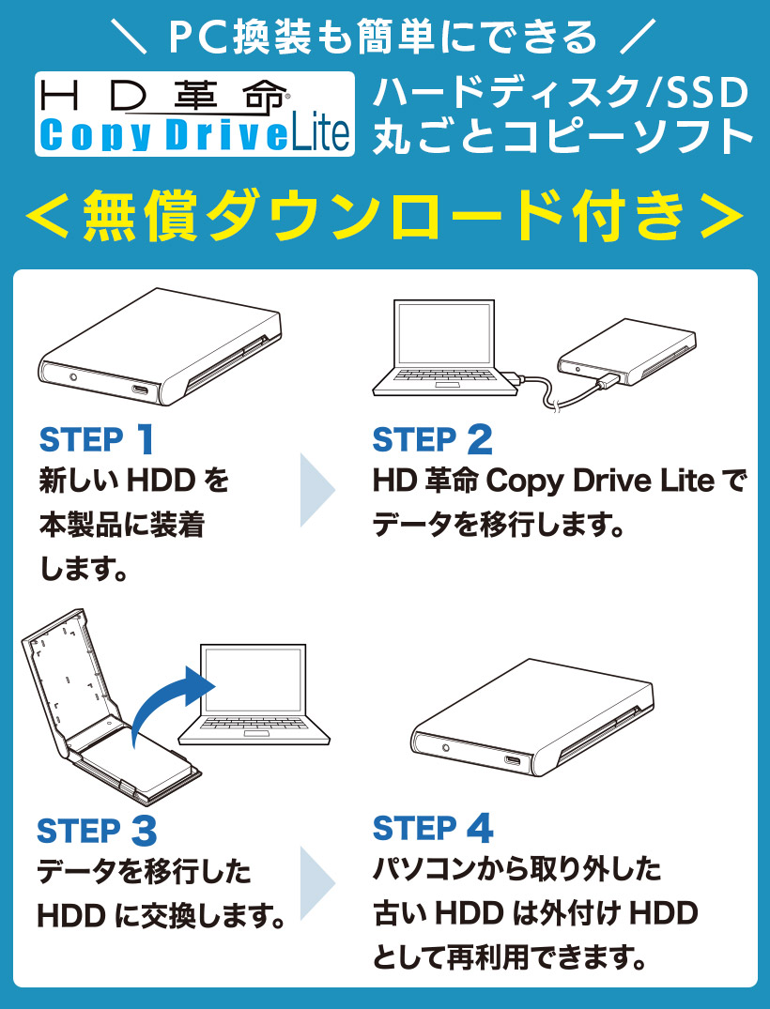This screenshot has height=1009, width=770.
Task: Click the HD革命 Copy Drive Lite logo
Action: click(194, 114)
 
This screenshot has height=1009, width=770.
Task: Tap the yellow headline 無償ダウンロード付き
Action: click(385, 217)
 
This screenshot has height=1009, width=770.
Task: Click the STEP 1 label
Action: click(97, 439)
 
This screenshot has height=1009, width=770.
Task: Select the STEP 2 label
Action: click(432, 440)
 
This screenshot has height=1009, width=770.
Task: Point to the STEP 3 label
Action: click(97, 831)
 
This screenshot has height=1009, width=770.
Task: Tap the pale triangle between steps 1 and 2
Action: click(316, 490)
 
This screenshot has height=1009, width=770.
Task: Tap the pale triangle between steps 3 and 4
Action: click(316, 883)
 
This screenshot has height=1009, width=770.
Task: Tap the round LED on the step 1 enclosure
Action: click(73, 377)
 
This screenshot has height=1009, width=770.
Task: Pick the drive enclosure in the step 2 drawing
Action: click(625, 356)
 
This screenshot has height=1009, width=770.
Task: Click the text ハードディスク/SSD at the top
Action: click(560, 94)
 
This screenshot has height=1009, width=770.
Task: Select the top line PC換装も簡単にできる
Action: click(384, 37)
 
